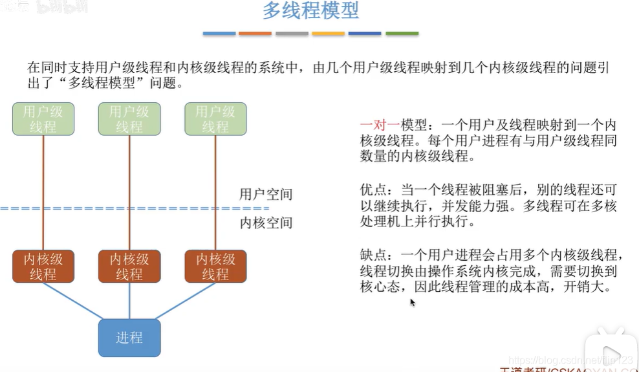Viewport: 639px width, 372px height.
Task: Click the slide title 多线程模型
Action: [x=310, y=12]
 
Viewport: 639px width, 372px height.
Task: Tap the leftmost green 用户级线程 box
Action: [x=43, y=119]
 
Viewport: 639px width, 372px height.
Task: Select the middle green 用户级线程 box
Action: [x=129, y=119]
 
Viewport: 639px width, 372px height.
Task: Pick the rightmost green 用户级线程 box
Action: [x=215, y=119]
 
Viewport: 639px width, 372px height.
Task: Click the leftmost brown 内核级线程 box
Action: [x=43, y=267]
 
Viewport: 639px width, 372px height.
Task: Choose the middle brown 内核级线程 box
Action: [x=129, y=267]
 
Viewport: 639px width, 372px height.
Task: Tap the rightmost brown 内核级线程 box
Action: [x=215, y=267]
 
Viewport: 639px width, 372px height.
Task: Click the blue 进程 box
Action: [x=129, y=338]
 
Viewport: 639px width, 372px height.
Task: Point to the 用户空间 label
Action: [x=266, y=194]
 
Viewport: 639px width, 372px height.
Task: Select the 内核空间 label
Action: [x=266, y=223]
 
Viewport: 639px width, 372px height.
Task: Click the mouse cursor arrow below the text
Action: [x=413, y=302]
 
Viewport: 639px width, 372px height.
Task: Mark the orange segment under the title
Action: [x=255, y=33]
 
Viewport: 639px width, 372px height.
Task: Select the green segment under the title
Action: [x=402, y=33]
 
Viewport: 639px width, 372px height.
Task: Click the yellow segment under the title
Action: [x=329, y=33]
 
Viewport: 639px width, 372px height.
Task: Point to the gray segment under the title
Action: [x=292, y=33]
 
